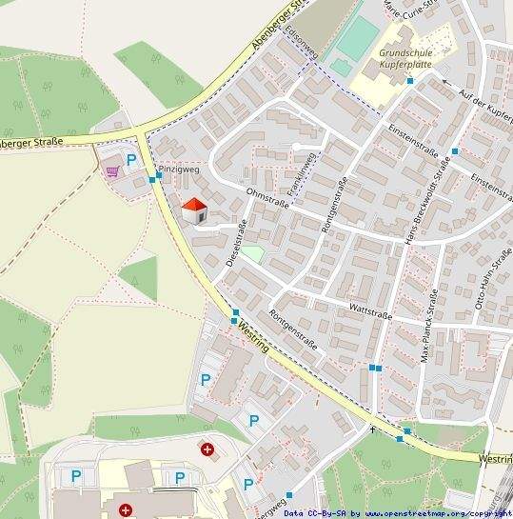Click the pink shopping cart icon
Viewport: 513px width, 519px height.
113,171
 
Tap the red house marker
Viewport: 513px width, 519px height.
194,210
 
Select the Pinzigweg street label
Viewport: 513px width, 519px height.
179,169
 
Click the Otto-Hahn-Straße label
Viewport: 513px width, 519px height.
493,278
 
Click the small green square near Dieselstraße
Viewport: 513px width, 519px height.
251,254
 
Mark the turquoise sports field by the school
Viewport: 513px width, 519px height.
358,37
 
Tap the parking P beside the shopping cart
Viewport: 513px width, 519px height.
131,161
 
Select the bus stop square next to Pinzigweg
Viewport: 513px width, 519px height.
152,178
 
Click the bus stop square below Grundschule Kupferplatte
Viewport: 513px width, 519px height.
410,81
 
